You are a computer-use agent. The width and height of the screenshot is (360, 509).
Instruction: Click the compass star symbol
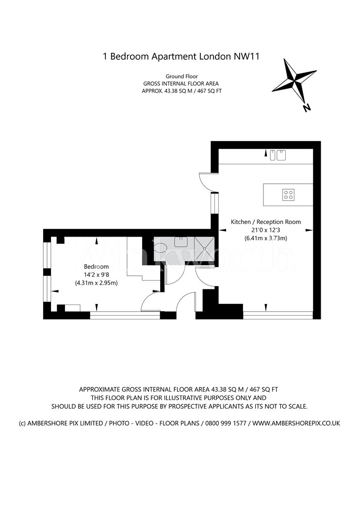[295, 80]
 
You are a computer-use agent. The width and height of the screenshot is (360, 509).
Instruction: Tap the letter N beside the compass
[307, 108]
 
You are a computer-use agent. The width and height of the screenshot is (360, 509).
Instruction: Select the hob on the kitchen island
[288, 195]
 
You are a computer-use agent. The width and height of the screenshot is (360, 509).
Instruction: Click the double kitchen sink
[278, 155]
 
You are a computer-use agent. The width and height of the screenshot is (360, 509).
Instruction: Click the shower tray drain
[204, 249]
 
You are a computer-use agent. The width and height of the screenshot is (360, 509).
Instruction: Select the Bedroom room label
[96, 267]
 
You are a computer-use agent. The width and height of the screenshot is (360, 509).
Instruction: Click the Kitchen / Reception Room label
[266, 222]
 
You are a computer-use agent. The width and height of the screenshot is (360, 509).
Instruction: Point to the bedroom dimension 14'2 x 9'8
[96, 275]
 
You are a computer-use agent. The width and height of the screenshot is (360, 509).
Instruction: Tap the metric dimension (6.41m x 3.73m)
[266, 238]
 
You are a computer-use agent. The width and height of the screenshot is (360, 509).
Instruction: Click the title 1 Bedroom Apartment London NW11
[181, 57]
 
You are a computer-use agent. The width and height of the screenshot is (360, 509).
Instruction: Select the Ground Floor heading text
[181, 76]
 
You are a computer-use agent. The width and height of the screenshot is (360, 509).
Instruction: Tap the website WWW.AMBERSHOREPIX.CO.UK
[296, 423]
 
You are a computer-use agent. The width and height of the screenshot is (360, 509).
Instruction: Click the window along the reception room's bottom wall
[278, 315]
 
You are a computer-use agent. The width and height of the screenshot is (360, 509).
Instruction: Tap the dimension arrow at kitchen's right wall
[309, 230]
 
